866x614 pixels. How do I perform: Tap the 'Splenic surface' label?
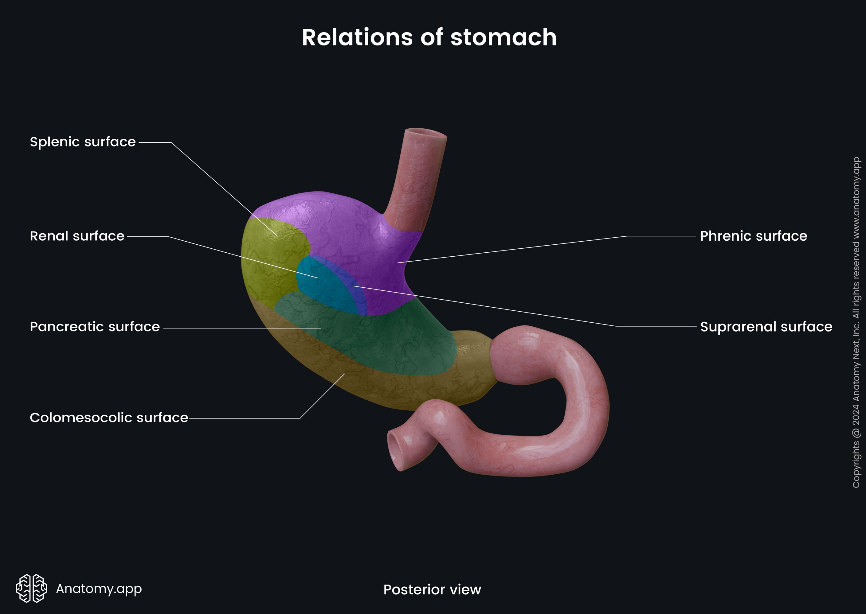tap(82, 142)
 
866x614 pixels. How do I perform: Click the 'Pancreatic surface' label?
tap(95, 327)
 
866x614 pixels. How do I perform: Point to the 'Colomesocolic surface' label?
tap(108, 418)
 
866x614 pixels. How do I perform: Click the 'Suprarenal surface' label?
tap(766, 327)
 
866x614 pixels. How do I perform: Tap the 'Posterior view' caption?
tap(432, 589)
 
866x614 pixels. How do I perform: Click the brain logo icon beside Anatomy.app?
tap(31, 588)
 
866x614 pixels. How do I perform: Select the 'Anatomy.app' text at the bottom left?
tap(99, 588)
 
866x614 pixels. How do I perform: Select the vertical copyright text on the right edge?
tap(856, 322)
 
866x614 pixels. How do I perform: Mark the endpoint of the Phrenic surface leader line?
tap(398, 262)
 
